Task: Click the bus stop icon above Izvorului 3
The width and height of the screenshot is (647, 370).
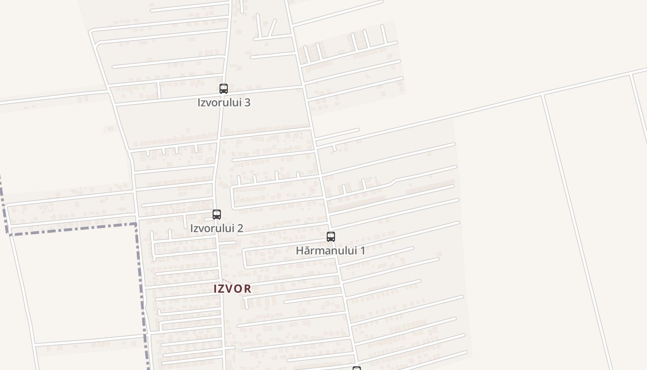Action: click(x=224, y=88)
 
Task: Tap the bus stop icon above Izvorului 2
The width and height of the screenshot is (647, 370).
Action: click(x=217, y=214)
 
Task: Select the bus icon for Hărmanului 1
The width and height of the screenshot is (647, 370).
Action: click(x=331, y=237)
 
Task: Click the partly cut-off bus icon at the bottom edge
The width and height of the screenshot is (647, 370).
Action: click(x=357, y=368)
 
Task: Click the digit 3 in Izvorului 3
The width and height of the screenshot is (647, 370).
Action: click(x=247, y=103)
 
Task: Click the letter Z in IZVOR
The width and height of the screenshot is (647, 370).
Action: click(x=223, y=289)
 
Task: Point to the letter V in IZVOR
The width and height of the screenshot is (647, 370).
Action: click(x=231, y=289)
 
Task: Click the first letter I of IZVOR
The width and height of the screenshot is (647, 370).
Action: click(x=215, y=289)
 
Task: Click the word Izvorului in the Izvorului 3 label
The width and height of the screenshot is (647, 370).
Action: click(x=219, y=103)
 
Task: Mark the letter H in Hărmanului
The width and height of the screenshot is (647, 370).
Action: click(x=300, y=251)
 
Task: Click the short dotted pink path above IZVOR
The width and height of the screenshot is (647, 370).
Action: click(x=227, y=281)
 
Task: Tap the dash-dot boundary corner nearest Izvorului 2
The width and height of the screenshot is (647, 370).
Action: click(x=136, y=225)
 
